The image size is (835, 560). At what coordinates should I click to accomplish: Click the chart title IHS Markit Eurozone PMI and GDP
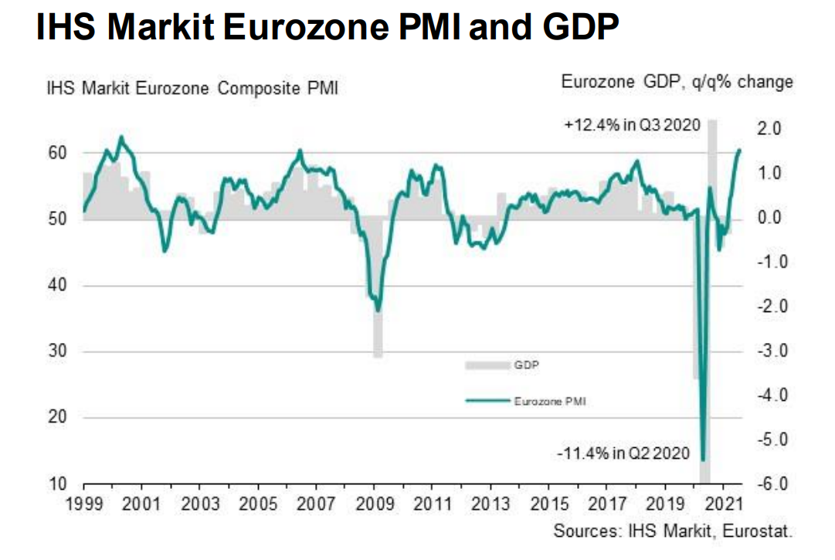(327, 29)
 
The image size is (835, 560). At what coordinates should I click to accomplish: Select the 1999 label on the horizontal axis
(83, 505)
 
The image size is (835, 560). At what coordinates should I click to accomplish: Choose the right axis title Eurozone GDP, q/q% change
(677, 82)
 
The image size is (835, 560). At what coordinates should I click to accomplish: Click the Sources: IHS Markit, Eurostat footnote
(673, 531)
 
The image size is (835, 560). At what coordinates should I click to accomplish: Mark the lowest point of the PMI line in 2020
(704, 459)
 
